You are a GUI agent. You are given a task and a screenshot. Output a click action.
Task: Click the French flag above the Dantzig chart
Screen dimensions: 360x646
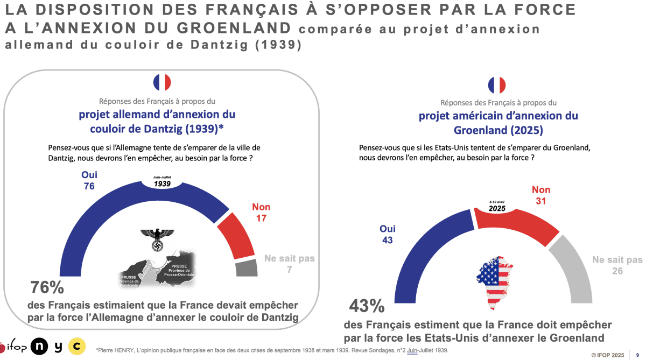[x=162, y=82]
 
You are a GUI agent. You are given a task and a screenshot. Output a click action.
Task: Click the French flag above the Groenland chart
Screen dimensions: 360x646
[x=497, y=85]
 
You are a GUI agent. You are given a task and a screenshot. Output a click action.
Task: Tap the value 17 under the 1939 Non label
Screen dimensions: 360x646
[x=261, y=218]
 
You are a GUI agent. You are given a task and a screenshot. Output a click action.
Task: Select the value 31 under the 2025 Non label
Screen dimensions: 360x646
[x=541, y=201]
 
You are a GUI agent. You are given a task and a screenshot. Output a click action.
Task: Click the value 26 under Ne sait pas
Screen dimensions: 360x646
[x=617, y=271]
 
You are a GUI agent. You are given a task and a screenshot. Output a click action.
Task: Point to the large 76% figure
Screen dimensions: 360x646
[x=47, y=287]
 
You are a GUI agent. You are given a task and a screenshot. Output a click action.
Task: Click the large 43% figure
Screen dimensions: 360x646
[x=367, y=306]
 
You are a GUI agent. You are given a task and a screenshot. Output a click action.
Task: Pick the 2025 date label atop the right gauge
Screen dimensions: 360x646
[x=497, y=207]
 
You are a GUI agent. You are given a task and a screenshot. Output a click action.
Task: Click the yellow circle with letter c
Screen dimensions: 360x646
[x=78, y=346]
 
